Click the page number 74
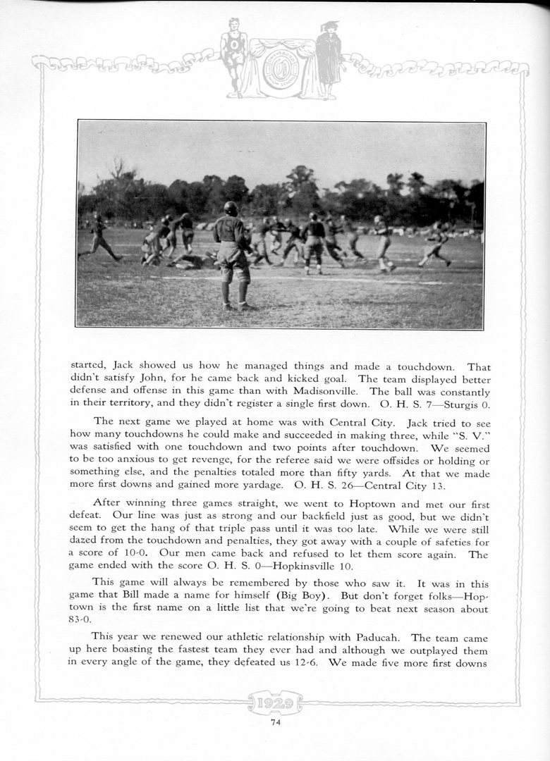pyautogui.click(x=275, y=721)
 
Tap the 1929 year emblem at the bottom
pyautogui.click(x=275, y=702)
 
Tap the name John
pyautogui.click(x=164, y=379)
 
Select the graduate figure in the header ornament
pyautogui.click(x=328, y=60)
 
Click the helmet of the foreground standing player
pyautogui.click(x=231, y=209)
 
